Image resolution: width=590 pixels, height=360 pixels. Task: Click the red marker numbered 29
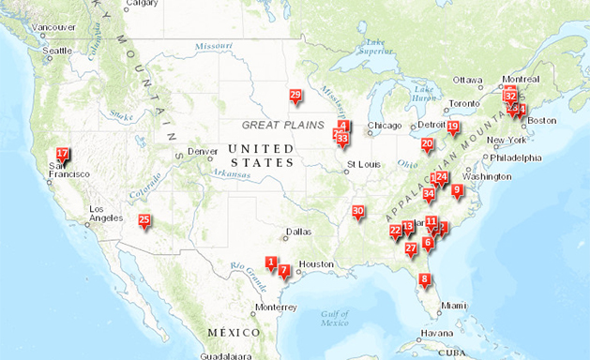point(295,96)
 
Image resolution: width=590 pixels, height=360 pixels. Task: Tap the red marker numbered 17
point(63,154)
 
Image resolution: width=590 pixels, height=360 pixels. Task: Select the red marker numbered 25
point(144,221)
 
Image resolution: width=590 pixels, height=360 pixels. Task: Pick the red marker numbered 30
point(357,212)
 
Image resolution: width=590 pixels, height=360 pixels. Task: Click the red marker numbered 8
point(425,279)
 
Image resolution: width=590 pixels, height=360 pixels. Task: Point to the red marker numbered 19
point(453,127)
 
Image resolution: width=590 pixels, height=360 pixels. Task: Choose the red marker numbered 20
point(427,144)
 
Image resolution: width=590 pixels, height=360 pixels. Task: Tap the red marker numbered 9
point(457,190)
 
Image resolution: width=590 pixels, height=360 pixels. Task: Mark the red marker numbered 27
point(411,248)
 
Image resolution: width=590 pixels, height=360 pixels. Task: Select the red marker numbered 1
point(271,262)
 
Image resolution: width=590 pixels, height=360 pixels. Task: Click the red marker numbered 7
point(283,271)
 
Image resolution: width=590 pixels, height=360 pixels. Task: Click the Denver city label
point(203,152)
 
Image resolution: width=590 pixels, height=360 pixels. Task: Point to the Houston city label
point(316,264)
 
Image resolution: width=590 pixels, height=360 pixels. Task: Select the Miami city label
point(454,306)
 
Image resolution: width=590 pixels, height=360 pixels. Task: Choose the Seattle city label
point(57,51)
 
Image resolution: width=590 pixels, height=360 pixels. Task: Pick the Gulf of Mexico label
point(335,319)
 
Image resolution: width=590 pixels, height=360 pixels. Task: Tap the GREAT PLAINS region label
point(281,125)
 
